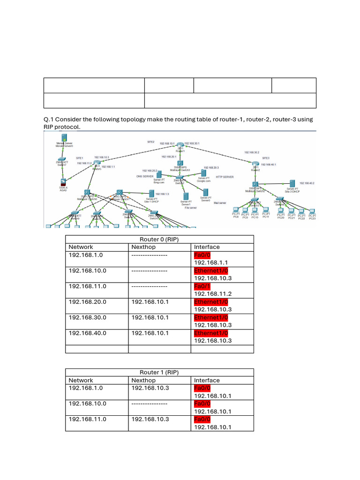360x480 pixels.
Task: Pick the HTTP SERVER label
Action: pyautogui.click(x=225, y=177)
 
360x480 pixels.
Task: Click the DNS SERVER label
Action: pyautogui.click(x=145, y=176)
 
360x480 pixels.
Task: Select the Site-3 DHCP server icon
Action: pyautogui.click(x=292, y=183)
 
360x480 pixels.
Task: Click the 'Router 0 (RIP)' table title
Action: pyautogui.click(x=159, y=239)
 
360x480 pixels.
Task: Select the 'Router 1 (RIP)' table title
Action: pyautogui.click(x=159, y=373)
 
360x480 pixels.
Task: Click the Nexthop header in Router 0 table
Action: pyautogui.click(x=143, y=247)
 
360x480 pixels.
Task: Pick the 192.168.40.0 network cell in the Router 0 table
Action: pyautogui.click(x=88, y=333)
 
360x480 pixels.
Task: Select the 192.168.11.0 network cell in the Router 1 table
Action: pyautogui.click(x=88, y=419)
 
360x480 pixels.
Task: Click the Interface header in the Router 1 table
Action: pyautogui.click(x=207, y=380)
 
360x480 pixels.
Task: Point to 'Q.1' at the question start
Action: pyautogui.click(x=49, y=120)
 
